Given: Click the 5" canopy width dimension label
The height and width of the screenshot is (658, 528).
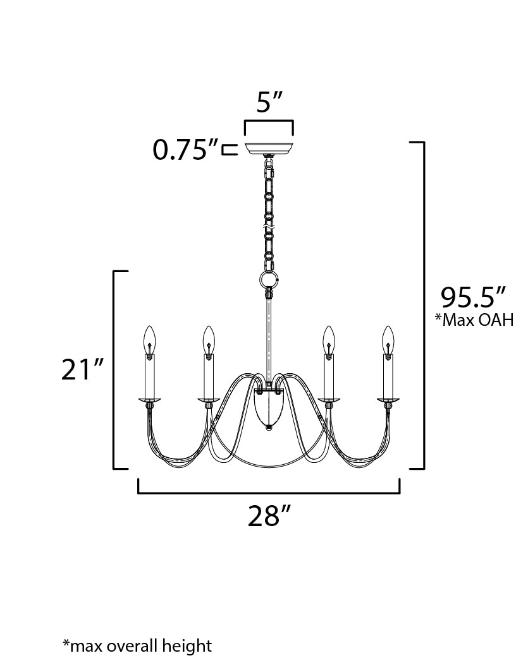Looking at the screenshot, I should [268, 102].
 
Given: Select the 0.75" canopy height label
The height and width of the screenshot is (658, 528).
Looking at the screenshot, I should [185, 150].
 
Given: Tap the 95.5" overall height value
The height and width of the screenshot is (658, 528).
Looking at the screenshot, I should [474, 297].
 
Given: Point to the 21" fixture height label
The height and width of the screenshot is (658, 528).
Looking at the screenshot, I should [82, 370].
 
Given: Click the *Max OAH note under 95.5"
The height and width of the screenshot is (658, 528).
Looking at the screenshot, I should [474, 320].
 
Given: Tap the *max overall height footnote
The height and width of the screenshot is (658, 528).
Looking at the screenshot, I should [137, 645].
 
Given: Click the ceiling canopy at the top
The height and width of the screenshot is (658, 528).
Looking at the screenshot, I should [269, 147].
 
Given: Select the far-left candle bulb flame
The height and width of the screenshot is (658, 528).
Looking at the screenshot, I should [149, 340].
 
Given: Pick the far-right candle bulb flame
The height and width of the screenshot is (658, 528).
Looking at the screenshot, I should [388, 340].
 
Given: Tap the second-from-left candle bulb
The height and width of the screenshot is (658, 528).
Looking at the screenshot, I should [207, 340].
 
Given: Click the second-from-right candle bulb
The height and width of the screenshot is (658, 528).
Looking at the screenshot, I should [329, 340].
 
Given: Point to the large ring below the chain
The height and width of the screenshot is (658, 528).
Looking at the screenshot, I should [269, 279].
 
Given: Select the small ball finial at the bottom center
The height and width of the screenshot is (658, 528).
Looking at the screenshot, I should [269, 428].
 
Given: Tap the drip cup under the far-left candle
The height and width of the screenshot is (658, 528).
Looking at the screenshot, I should [149, 400].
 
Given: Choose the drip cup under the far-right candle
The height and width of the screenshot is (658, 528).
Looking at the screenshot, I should [388, 400].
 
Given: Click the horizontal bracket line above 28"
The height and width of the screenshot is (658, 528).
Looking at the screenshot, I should [269, 492].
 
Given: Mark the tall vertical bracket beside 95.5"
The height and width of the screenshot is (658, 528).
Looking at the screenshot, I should [422, 306].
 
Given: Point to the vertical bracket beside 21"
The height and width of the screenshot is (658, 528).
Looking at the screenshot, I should [114, 370].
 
